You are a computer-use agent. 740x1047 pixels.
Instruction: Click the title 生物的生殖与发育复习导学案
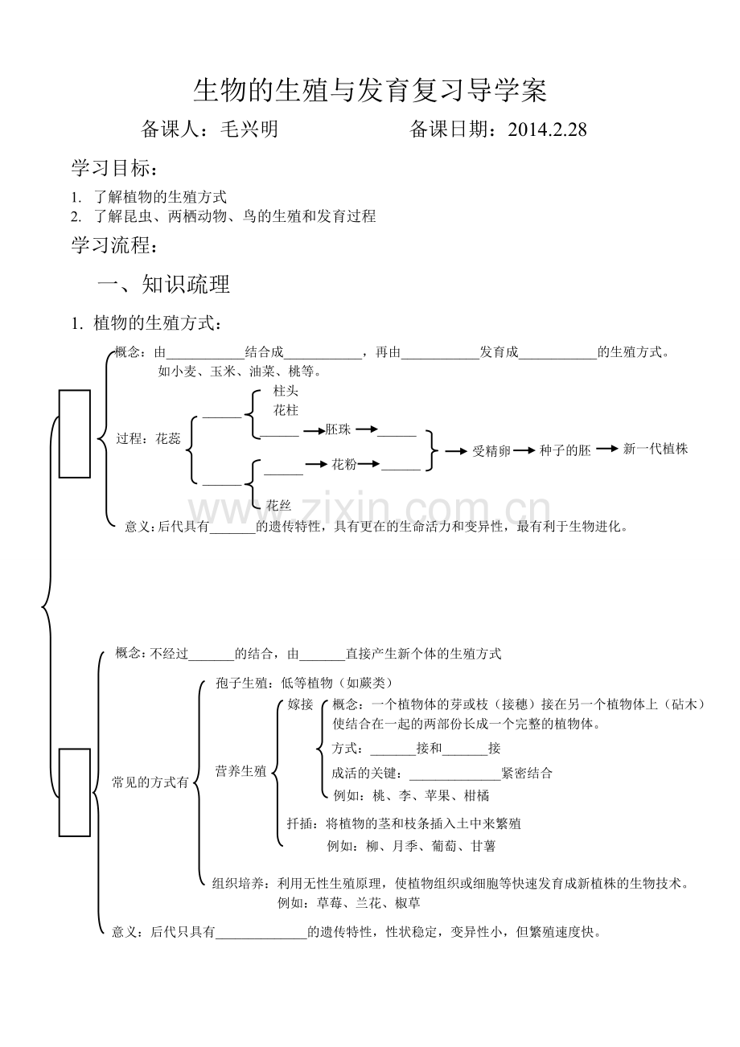coord(370,91)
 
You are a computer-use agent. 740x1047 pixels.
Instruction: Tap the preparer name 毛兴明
coord(249,129)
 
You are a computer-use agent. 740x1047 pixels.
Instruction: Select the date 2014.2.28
coord(547,129)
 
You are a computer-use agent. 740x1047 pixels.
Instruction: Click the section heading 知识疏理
coord(186,284)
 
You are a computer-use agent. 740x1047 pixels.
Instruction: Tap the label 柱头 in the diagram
coord(286,391)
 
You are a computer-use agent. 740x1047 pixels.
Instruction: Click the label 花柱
coord(286,410)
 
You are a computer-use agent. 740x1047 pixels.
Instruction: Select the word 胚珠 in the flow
coord(339,430)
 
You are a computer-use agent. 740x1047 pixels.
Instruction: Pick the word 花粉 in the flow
coord(343,464)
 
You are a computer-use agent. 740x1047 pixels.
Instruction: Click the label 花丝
coord(278,505)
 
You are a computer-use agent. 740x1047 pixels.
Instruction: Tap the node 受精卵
coord(491,450)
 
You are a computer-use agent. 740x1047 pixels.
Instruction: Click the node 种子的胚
coord(565,450)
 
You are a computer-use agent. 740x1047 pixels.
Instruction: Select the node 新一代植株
coord(656,449)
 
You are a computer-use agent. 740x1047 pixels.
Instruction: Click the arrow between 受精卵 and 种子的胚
coord(524,450)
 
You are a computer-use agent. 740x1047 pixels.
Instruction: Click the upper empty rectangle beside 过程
coord(75,433)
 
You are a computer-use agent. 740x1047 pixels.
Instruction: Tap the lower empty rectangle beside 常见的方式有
coord(75,792)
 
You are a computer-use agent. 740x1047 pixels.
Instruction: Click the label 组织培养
coord(239,883)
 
